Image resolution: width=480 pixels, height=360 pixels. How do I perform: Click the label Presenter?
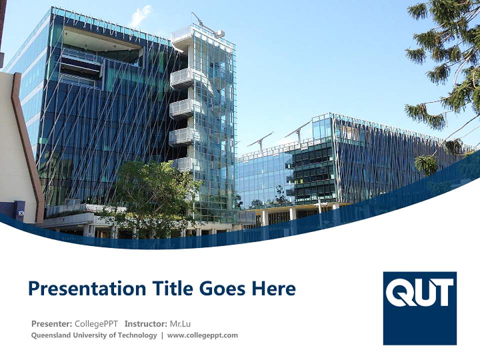point(52,323)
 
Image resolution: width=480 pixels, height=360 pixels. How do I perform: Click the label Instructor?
point(146,323)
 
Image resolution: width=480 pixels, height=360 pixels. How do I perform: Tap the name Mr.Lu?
point(180,323)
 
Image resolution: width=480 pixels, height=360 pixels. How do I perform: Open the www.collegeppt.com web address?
point(202,335)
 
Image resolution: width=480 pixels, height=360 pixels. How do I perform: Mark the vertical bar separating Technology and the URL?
point(162,335)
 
